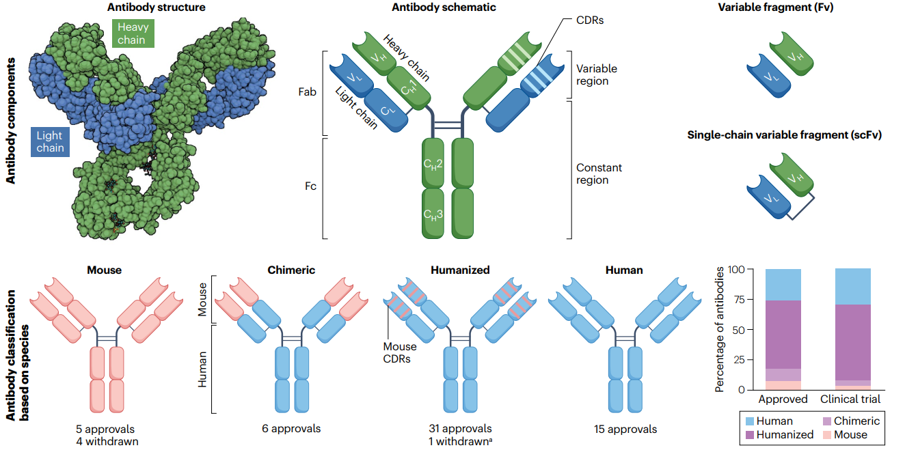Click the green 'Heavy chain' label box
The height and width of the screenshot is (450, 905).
click(133, 33)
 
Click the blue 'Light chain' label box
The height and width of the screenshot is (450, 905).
click(50, 141)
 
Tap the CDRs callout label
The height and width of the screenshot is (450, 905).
click(589, 20)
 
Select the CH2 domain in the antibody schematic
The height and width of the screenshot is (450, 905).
click(433, 163)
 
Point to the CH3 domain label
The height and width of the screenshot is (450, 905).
click(433, 214)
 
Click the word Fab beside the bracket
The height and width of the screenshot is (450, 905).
click(307, 92)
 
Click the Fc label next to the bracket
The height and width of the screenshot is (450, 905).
click(310, 186)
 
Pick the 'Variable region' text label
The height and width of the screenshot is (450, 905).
click(596, 74)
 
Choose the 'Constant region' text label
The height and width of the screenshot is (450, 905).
click(599, 173)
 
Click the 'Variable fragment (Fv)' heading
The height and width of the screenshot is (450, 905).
click(776, 8)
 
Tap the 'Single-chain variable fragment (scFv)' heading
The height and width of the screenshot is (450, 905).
click(784, 135)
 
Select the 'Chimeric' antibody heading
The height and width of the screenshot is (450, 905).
click(291, 270)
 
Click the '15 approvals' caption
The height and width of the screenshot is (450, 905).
click(625, 429)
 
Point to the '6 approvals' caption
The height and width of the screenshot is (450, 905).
click(291, 428)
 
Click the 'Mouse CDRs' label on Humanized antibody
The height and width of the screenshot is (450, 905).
click(399, 353)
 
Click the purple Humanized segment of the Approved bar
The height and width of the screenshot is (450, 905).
click(783, 335)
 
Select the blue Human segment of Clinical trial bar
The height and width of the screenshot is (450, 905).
click(853, 287)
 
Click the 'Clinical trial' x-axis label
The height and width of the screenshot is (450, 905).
click(850, 399)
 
